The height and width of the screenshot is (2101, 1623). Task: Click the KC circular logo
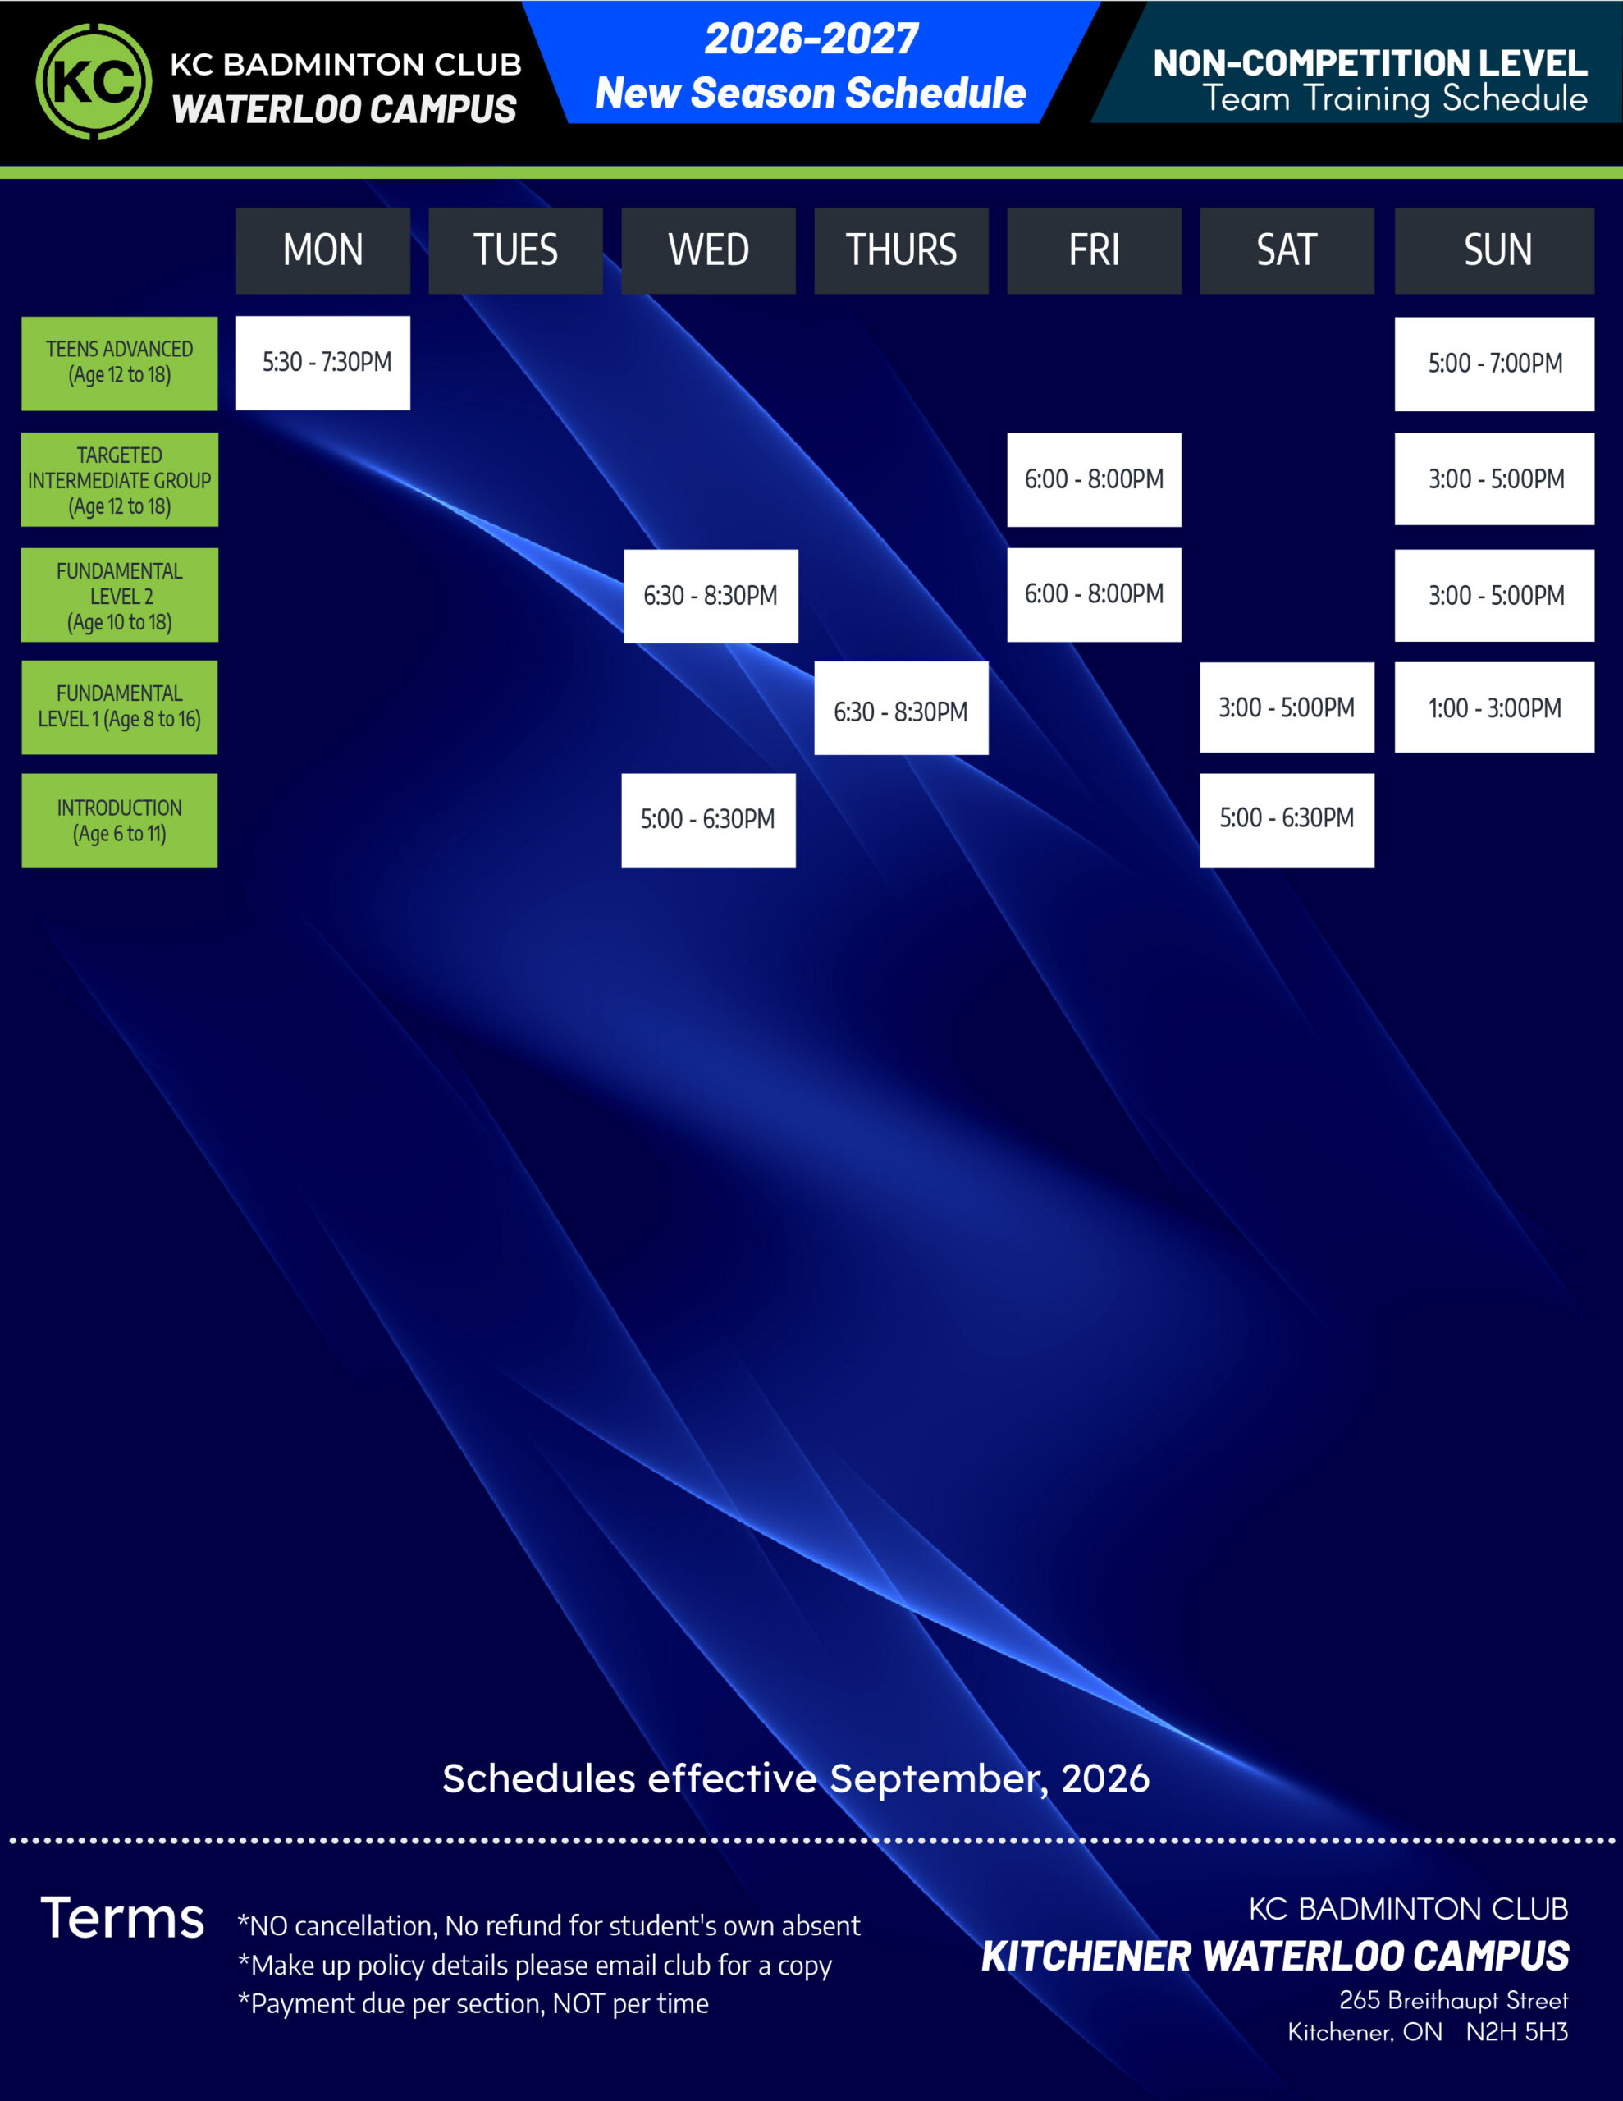[94, 80]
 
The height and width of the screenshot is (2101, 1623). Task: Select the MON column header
[323, 250]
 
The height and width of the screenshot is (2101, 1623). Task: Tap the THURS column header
[902, 250]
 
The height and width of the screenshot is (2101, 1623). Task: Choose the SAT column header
[1287, 250]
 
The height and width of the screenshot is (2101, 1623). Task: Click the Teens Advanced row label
[119, 363]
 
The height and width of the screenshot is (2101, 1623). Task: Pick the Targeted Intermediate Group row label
[119, 479]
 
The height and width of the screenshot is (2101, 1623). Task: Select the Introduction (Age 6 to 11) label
[119, 821]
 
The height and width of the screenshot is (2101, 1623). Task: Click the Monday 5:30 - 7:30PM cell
[323, 363]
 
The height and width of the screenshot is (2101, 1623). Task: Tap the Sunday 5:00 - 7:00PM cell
[1494, 364]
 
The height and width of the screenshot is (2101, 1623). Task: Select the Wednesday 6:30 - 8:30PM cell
[711, 596]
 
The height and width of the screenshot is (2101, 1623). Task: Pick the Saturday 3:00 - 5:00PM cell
[1287, 707]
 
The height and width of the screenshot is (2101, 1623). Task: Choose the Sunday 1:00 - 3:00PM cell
[1494, 707]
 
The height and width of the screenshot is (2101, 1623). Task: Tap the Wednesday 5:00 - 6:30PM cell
[709, 821]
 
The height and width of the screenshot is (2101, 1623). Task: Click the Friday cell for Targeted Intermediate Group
[1094, 479]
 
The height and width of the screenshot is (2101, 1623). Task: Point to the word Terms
[122, 1917]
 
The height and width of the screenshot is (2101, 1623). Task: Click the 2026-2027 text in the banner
[811, 39]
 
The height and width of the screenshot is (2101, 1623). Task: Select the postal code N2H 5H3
[1517, 2032]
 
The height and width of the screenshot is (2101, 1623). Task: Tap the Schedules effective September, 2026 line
[796, 1778]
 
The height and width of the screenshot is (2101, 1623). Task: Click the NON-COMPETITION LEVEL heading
[1370, 63]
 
